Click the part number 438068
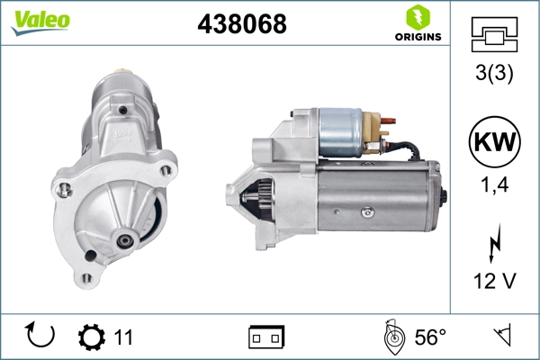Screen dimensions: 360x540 tap(241, 24)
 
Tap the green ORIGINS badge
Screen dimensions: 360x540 tap(417, 24)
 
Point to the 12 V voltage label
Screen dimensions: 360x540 tap(492, 281)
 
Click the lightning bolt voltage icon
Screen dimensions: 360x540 tap(492, 244)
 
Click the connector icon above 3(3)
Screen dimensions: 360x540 tap(492, 35)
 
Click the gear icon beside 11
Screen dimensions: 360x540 tap(92, 337)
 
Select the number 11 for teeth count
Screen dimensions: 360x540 tap(123, 337)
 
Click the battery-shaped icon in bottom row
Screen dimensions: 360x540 tap(266, 337)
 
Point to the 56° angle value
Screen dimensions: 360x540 tap(429, 337)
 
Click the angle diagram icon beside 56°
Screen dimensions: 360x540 tap(391, 337)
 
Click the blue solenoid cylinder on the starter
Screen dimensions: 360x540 tap(340, 132)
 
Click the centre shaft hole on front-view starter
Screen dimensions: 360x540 tap(123, 240)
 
